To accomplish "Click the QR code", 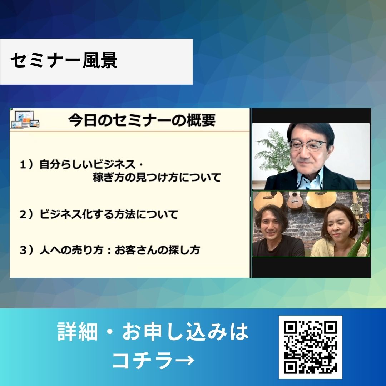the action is (311, 347).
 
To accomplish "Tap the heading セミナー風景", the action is (64, 60).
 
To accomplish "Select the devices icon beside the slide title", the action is (25, 120).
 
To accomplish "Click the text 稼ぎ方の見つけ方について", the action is (157, 178).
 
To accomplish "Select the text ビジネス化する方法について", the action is (109, 214).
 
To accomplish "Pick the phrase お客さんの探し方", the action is (157, 250).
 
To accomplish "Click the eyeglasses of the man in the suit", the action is (308, 145).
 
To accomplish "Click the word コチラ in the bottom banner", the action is (144, 360).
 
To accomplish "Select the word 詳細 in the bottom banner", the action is (78, 331).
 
